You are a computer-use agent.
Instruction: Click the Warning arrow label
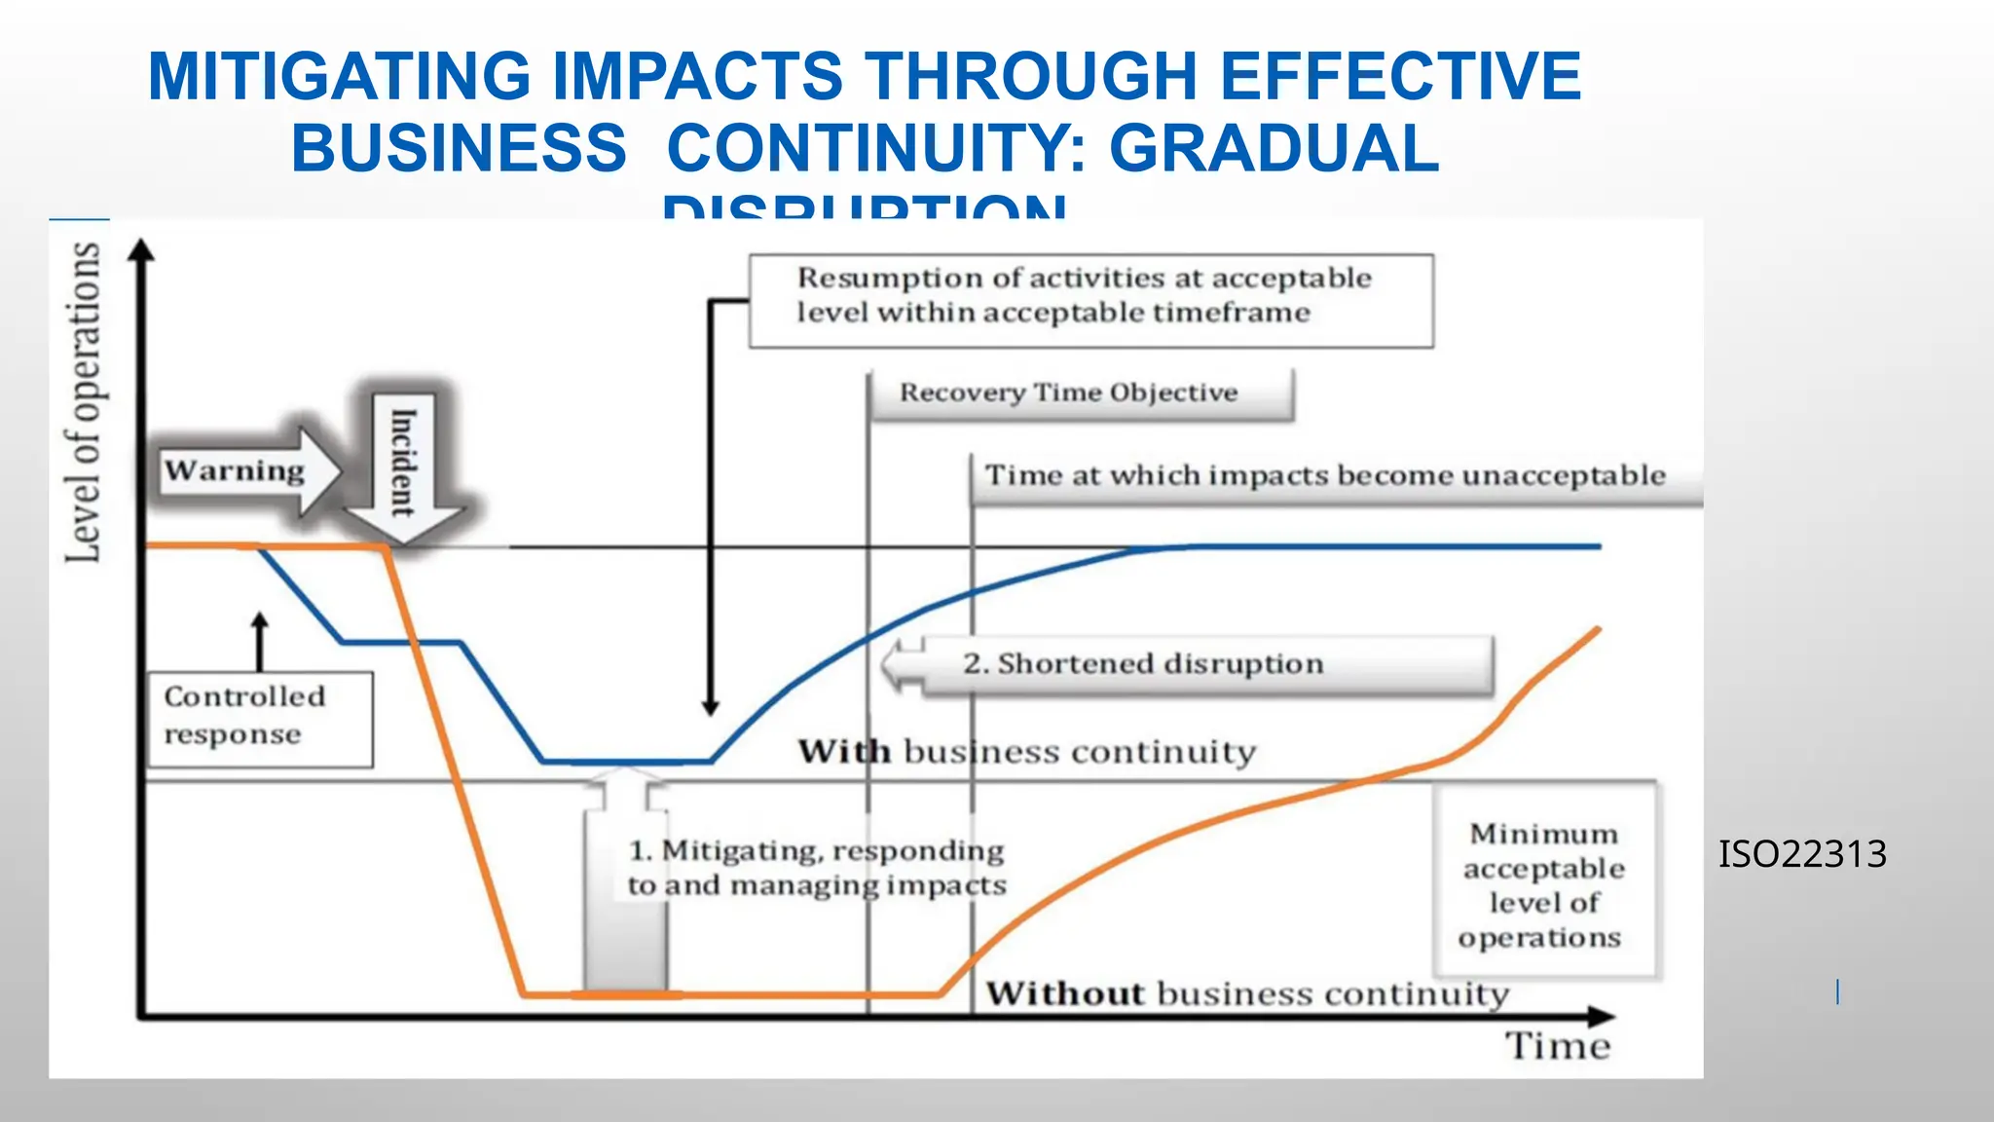(235, 471)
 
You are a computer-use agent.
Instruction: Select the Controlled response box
(260, 719)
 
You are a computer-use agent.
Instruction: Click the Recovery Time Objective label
(1068, 393)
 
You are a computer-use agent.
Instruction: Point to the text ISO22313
(1802, 854)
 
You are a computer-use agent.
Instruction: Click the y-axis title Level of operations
(84, 402)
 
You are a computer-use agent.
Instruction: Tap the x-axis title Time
(1558, 1046)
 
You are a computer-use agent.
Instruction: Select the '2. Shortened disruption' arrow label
(1143, 664)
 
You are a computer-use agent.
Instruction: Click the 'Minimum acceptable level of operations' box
(1543, 884)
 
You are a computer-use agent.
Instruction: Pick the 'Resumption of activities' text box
(1090, 300)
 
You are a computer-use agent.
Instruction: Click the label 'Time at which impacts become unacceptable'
(1325, 475)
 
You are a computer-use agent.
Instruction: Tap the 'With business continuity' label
(1027, 752)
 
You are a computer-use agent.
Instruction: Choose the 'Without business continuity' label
(1247, 993)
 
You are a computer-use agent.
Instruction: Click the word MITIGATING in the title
(340, 77)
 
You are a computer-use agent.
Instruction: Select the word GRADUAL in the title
(1274, 148)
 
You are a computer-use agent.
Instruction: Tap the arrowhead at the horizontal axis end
(1602, 1017)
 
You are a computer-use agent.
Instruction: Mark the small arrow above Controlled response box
(259, 638)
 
